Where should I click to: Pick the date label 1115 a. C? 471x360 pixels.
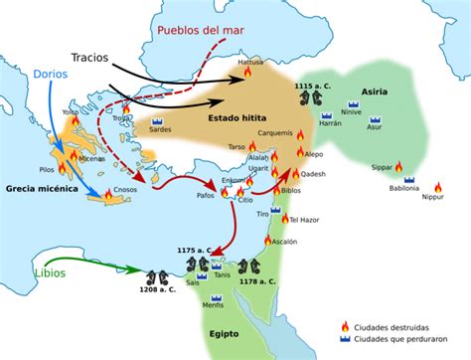(314, 88)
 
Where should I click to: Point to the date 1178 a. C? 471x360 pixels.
(258, 281)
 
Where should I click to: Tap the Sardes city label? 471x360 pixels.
(161, 129)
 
